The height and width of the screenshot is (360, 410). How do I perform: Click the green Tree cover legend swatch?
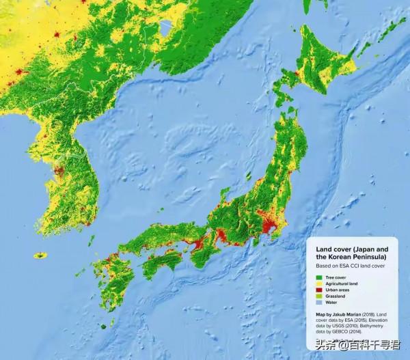[x=318, y=277]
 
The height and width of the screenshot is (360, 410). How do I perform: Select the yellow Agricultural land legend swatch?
[x=318, y=283]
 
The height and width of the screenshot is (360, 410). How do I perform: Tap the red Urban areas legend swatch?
[x=318, y=290]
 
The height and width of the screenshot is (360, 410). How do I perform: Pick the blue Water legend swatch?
[x=318, y=302]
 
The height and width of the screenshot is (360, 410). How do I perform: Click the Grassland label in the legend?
[x=336, y=296]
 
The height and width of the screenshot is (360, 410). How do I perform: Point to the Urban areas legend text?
[x=338, y=290]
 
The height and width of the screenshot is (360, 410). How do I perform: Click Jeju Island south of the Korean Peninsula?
[x=41, y=255]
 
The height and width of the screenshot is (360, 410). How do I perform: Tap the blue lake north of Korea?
[x=165, y=27]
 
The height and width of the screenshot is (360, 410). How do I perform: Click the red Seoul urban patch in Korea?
[x=59, y=171]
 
